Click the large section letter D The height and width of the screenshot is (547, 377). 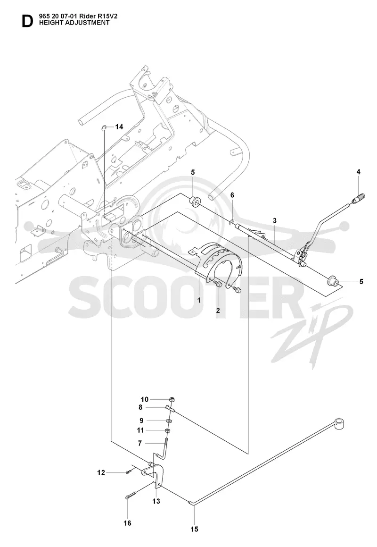coord(27,22)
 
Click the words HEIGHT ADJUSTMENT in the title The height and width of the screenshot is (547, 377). coord(74,23)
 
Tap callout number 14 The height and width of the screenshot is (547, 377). coord(119,126)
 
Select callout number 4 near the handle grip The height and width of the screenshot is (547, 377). coord(358,172)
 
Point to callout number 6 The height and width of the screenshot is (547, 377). coord(232,195)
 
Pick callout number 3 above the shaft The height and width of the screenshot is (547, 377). coord(275,220)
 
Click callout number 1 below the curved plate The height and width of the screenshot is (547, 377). coord(199,300)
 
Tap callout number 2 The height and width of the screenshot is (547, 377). coord(218,311)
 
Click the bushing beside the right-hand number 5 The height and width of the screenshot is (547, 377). coord(334,280)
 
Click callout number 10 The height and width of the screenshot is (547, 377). coord(145,399)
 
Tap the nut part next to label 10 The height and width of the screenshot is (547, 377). coord(172,399)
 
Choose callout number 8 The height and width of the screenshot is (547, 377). coord(140,407)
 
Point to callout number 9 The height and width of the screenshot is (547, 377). coord(141,421)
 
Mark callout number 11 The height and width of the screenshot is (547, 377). coord(140,430)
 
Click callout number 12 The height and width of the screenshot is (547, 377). coord(101,473)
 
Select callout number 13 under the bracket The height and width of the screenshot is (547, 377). coord(156,501)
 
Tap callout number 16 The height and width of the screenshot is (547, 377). coord(128,523)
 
